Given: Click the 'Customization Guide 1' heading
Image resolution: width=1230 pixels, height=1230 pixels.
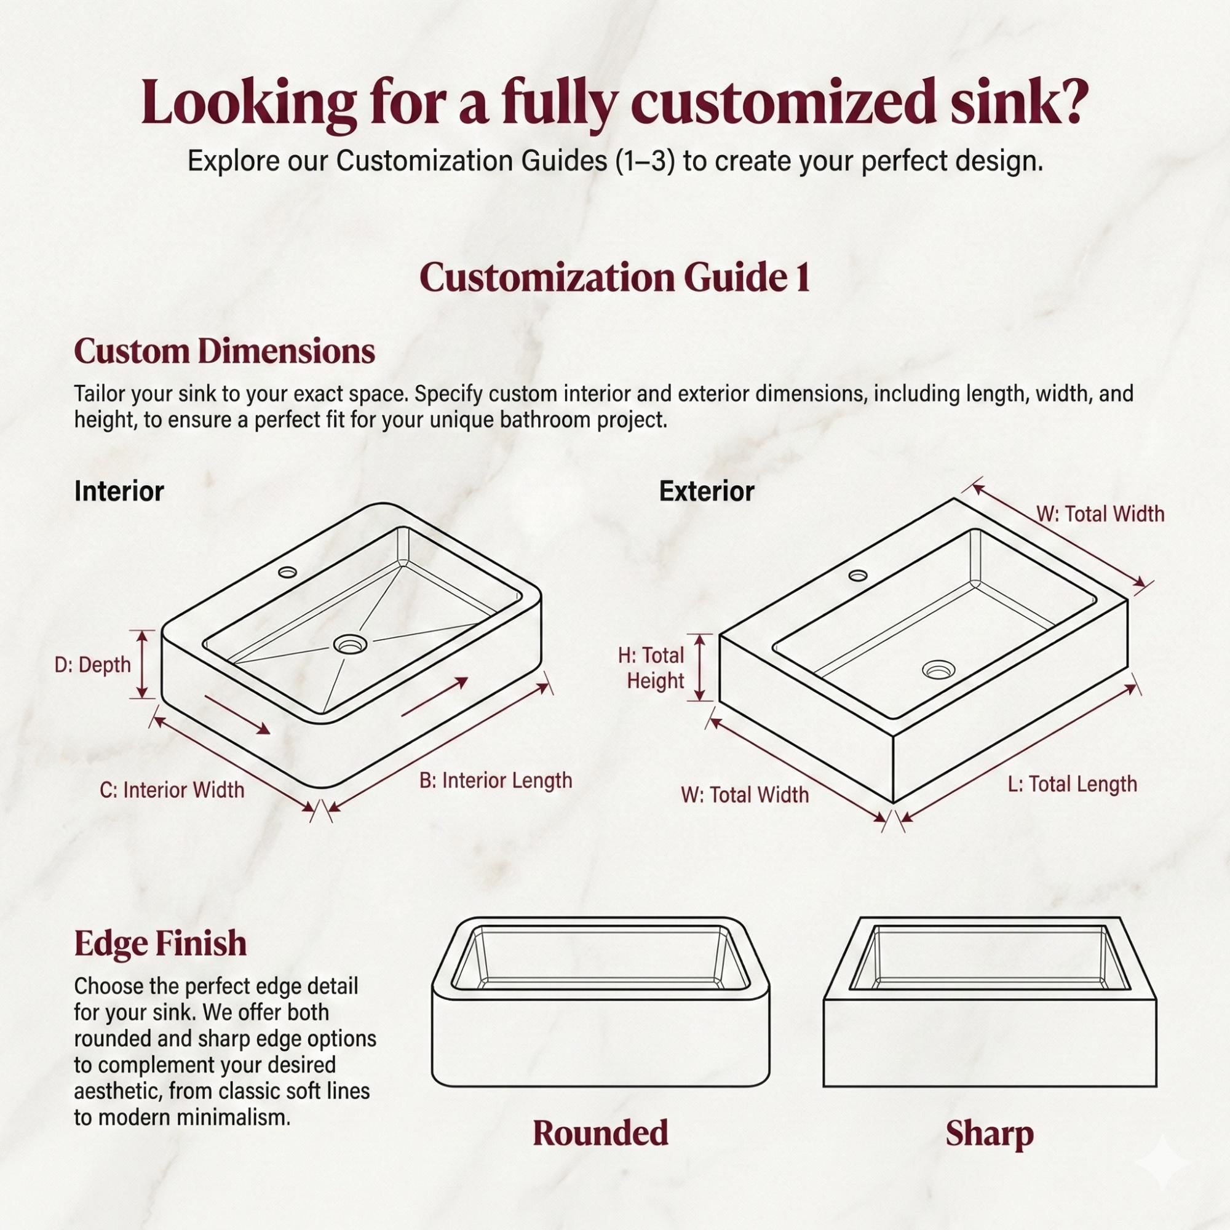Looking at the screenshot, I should (614, 278).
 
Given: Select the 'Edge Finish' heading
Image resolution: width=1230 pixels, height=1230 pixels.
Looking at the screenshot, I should (160, 943).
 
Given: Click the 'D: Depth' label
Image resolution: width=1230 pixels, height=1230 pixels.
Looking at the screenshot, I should (92, 665).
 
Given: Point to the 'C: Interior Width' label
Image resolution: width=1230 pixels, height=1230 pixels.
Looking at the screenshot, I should (172, 790).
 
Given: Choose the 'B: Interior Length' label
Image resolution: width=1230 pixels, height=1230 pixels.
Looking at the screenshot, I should (495, 780).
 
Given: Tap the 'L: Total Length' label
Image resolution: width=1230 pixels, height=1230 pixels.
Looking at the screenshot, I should (1072, 784).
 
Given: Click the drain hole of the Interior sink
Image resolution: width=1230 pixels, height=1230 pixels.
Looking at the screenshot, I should (350, 645).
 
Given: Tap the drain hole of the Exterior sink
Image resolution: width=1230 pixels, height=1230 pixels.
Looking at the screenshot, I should (939, 669).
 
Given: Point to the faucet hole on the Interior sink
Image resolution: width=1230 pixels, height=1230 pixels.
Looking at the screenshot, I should (287, 572).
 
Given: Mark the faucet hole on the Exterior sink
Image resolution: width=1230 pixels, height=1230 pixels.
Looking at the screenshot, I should (857, 576).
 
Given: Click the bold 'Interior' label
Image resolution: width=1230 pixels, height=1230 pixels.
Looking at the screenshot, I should (119, 491).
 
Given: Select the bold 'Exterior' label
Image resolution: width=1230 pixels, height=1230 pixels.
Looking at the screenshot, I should (707, 491).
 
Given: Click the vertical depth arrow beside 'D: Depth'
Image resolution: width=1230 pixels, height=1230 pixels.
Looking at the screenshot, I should (143, 664).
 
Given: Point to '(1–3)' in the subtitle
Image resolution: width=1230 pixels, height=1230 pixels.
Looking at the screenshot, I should (645, 161).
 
